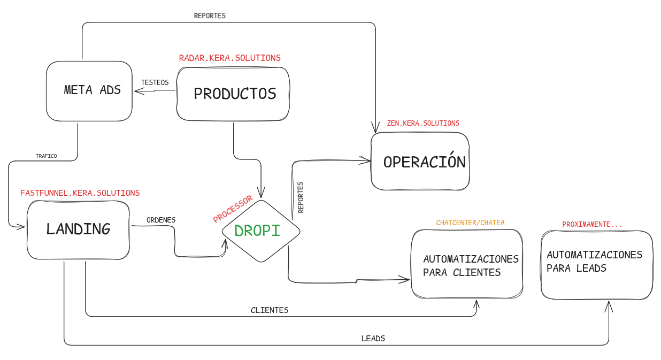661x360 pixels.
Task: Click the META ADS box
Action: [x=89, y=90]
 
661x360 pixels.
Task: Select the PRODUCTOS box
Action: [x=233, y=94]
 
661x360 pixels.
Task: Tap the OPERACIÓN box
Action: [x=420, y=162]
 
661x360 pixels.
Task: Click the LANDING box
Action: [x=78, y=229]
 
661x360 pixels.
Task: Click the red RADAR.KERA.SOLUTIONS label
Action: [x=229, y=58]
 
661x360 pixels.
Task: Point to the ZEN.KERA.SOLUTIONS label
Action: [x=423, y=123]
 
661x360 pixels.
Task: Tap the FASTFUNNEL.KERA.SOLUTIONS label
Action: [x=80, y=193]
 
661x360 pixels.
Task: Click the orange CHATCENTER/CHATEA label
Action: [x=470, y=223]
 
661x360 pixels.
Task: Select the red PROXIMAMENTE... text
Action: [x=592, y=224]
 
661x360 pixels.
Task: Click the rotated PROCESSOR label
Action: [x=233, y=209]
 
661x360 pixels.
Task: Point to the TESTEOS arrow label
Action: [x=155, y=82]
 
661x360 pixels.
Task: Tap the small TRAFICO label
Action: [x=47, y=156]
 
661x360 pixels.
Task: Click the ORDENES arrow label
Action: [x=161, y=220]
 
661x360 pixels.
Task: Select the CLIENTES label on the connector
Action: [x=270, y=310]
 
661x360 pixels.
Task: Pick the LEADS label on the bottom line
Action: [x=373, y=338]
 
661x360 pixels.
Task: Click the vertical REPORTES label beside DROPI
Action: [x=301, y=197]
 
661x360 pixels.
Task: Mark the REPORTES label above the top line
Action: [x=210, y=16]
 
